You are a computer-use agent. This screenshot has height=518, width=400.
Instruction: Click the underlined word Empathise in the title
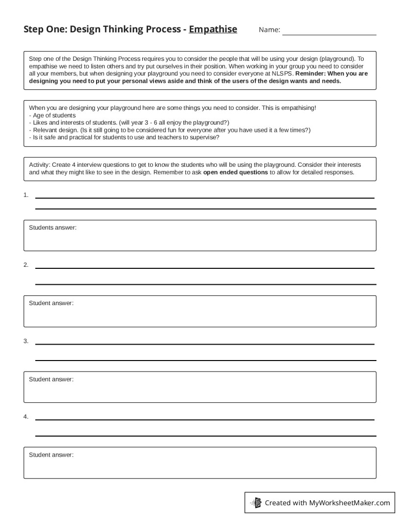click(x=213, y=29)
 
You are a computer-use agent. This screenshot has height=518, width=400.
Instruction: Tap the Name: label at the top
click(x=269, y=30)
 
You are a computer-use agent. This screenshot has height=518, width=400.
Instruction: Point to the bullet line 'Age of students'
click(x=52, y=115)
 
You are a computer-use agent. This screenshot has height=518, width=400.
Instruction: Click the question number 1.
click(x=25, y=195)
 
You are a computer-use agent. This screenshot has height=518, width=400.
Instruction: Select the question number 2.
click(x=25, y=265)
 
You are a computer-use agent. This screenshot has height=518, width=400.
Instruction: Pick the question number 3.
click(x=25, y=341)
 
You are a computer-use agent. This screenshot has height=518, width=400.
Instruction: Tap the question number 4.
click(x=25, y=416)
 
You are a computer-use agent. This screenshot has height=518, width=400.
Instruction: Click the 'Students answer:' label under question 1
click(x=52, y=228)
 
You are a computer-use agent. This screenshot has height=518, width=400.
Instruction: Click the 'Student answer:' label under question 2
click(x=51, y=303)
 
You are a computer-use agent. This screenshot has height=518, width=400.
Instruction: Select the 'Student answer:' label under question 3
click(x=51, y=379)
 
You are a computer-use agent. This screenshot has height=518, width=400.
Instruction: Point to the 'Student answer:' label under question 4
click(x=51, y=455)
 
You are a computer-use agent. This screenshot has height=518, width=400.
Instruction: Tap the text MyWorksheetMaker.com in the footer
click(x=350, y=503)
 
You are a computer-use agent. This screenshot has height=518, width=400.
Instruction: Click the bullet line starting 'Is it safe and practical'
click(x=124, y=137)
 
